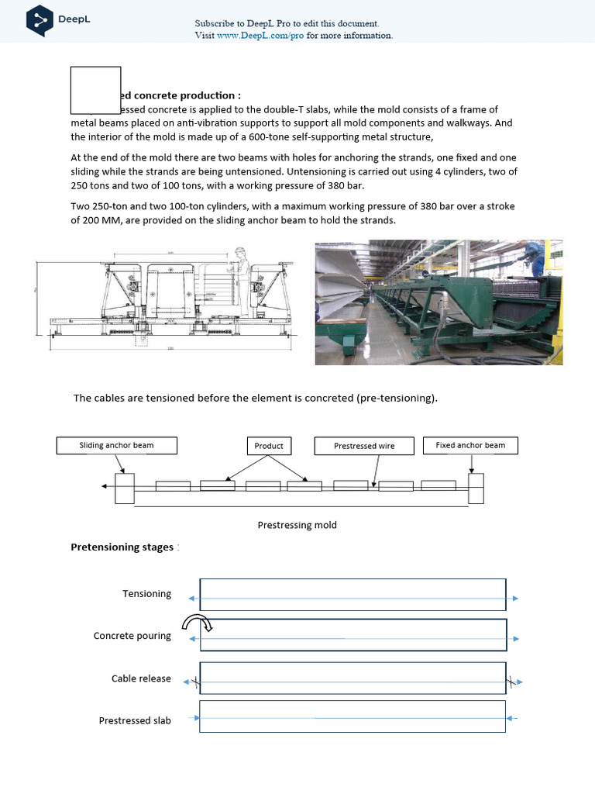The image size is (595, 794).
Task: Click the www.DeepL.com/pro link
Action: (260, 36)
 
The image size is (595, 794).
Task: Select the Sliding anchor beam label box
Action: (116, 446)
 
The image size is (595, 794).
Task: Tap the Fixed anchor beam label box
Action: (470, 446)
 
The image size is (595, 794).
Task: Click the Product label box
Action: (269, 446)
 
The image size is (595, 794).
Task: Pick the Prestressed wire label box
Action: (364, 446)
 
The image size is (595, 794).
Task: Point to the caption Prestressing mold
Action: (297, 525)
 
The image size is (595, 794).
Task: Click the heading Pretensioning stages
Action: (122, 547)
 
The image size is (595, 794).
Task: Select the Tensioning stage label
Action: (146, 594)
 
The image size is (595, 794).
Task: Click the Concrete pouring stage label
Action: (132, 636)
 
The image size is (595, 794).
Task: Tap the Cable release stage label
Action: (141, 678)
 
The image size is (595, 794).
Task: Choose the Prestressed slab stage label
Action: (135, 720)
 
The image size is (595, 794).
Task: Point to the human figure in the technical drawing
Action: (242, 275)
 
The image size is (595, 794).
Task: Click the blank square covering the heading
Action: (95, 91)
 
